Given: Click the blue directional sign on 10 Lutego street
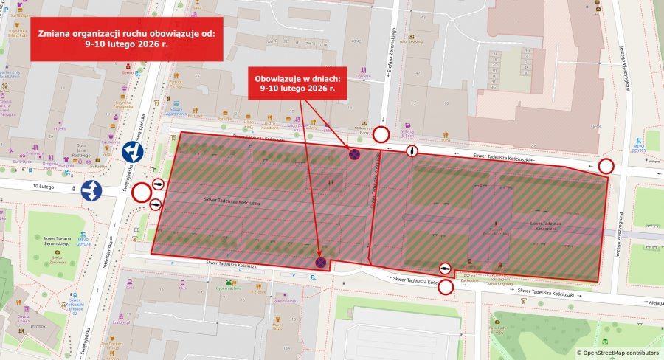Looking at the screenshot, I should point(92,190).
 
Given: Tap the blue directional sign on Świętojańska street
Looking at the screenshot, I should point(133,152).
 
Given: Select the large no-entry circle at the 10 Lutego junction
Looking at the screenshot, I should point(141,195).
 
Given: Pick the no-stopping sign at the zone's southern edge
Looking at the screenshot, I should point(321,261).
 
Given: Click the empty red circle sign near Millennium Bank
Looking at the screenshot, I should point(381,134).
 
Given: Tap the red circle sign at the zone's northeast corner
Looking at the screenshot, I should point(606,166).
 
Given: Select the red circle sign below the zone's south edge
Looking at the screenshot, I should point(446,287).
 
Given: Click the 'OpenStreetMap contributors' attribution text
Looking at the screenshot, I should point(618,353).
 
